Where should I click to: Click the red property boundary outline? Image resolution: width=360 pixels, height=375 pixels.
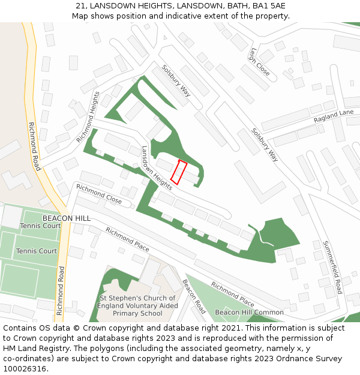(x=179, y=172)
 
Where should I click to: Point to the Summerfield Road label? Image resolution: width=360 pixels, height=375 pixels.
(x=332, y=267)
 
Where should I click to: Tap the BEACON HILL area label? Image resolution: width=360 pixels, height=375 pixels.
(x=67, y=218)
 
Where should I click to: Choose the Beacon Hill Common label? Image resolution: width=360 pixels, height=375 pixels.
(x=249, y=313)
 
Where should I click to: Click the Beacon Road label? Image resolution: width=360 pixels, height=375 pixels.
(x=194, y=296)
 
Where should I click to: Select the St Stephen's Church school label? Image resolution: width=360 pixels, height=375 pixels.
(x=137, y=305)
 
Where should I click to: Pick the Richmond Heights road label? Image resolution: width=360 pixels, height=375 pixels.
(x=88, y=117)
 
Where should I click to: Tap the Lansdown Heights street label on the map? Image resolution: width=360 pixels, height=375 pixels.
(x=157, y=168)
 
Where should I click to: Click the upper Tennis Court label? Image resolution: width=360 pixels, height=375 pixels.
(x=40, y=226)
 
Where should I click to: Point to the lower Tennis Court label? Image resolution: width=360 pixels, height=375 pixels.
(x=37, y=251)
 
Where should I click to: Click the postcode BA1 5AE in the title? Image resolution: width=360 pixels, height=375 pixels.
(x=269, y=6)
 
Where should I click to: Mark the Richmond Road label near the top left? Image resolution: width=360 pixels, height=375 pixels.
(x=35, y=146)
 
